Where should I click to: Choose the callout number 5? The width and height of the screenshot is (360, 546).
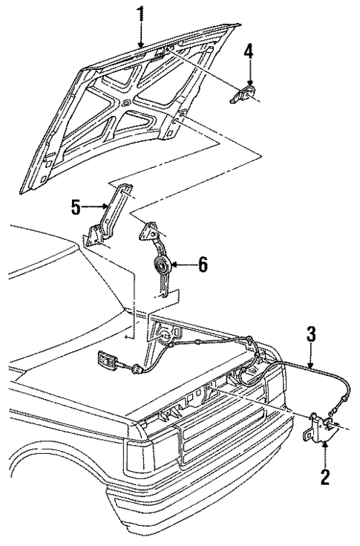[76, 208]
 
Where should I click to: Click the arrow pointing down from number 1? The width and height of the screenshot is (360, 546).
[140, 37]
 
